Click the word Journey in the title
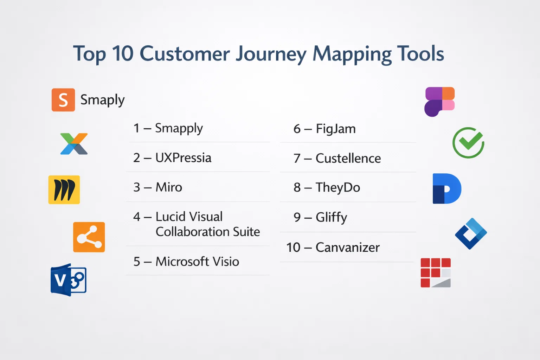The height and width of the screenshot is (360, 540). coord(271,54)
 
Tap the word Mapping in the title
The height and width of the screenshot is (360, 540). coord(352,54)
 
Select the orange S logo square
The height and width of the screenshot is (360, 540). coord(63,100)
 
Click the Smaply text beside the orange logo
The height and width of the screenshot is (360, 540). coord(102,100)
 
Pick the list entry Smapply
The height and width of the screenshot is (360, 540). coord(168,128)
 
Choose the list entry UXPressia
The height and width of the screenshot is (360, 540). coord(172,158)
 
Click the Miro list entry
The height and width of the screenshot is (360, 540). coord(157,187)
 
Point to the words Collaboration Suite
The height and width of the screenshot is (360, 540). coord(208,232)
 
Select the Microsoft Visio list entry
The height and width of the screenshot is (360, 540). coord(186,261)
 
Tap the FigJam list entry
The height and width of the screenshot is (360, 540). coord(324,129)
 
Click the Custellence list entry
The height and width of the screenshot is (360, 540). coord(337,159)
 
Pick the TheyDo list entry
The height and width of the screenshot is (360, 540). coord(327,188)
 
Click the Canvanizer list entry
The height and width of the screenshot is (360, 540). coord(333,247)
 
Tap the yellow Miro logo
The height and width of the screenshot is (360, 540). coord(64,190)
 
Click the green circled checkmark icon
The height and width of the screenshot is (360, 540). coord(468,143)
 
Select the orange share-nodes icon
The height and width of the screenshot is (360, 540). coord(89,237)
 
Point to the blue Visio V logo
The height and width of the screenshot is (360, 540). coord(69,280)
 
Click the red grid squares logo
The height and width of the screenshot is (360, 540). coord(436,273)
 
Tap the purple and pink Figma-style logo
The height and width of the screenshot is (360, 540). coord(439,102)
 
